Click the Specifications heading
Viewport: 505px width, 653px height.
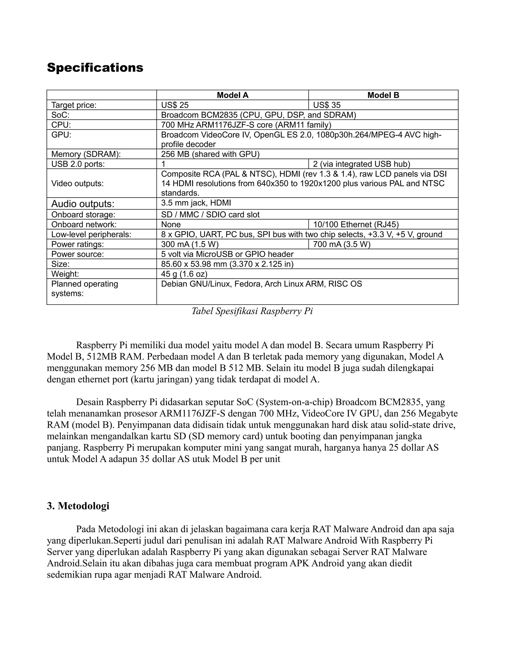click(95, 68)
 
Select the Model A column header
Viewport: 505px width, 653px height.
click(233, 95)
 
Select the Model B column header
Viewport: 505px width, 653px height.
click(383, 95)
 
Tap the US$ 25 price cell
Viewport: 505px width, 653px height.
click(175, 105)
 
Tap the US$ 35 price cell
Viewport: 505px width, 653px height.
click(327, 105)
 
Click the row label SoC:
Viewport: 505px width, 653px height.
click(60, 115)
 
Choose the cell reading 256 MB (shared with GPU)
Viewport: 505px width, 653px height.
click(210, 154)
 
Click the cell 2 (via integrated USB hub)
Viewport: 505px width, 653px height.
click(361, 164)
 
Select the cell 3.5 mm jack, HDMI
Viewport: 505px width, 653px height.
click(196, 203)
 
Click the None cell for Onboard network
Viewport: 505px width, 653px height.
click(171, 224)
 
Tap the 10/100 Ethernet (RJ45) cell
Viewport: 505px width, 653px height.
click(356, 224)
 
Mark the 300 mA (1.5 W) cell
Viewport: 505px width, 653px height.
click(190, 244)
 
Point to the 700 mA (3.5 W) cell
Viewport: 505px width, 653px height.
click(342, 244)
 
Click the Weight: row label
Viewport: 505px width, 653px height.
click(65, 274)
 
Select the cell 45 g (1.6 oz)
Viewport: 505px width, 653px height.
click(184, 274)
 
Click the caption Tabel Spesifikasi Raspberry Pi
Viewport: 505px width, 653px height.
click(252, 311)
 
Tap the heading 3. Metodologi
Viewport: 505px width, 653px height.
click(78, 506)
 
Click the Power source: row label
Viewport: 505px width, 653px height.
click(77, 254)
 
